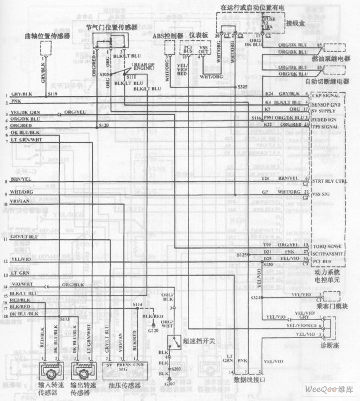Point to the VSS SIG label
[321, 194]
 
